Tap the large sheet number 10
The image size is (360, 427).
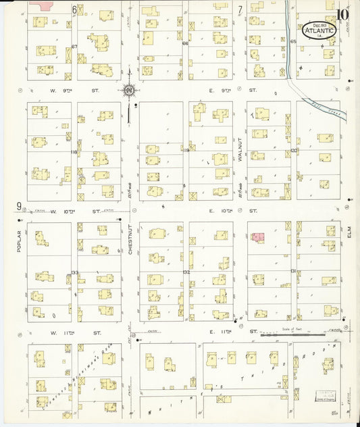[x=344, y=14]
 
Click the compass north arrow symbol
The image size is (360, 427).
[x=128, y=89]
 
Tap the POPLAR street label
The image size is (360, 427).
[x=20, y=240]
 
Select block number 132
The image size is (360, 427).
[x=186, y=272]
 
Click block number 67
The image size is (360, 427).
[x=74, y=46]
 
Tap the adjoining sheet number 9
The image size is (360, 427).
[x=20, y=207]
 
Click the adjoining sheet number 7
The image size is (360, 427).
[x=240, y=9]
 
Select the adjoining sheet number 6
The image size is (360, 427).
[x=74, y=9]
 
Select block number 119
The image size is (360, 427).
[x=186, y=150]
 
